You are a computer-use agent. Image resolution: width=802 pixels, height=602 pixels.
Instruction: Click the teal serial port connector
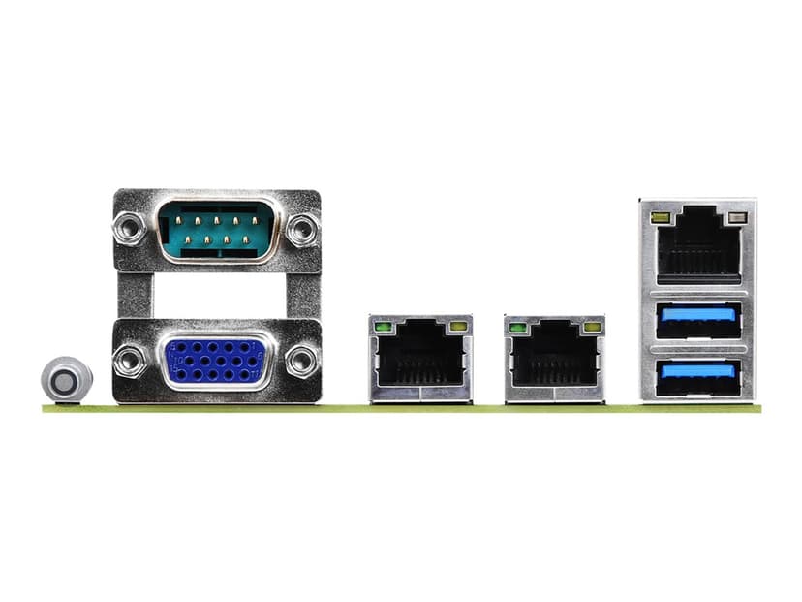click(x=216, y=230)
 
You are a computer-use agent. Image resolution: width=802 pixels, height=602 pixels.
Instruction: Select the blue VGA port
click(x=215, y=362)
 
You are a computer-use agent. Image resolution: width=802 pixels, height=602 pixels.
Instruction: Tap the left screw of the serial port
click(x=129, y=229)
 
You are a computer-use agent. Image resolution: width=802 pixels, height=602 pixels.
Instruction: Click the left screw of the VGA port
click(x=129, y=362)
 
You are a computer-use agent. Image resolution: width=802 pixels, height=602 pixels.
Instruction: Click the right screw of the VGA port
click(x=302, y=362)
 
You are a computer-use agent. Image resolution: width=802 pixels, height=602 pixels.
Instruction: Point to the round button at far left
click(x=65, y=380)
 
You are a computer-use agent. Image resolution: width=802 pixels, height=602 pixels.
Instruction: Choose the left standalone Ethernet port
click(x=420, y=359)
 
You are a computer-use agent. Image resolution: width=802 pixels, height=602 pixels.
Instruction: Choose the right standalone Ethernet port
click(x=554, y=359)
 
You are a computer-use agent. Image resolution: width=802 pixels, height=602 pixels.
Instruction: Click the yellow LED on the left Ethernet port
click(x=457, y=327)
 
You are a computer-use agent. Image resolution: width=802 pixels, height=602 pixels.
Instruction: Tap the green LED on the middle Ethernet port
click(x=518, y=327)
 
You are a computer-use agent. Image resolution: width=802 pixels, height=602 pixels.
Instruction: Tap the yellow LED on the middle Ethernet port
click(x=591, y=327)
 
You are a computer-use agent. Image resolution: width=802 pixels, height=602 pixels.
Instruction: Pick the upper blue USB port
click(x=697, y=320)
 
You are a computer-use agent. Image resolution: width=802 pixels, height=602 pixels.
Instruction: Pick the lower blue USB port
click(x=697, y=375)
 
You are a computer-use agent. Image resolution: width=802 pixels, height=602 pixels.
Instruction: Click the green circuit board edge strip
click(x=401, y=408)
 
